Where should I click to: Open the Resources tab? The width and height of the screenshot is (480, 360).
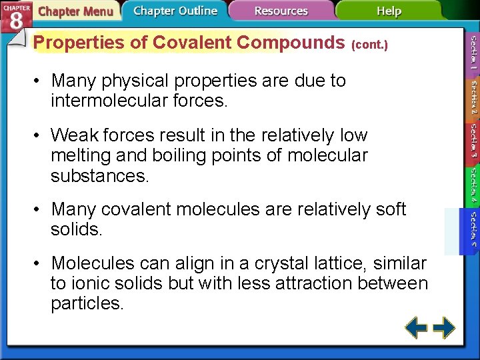[281, 11]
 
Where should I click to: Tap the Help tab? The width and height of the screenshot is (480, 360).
[389, 11]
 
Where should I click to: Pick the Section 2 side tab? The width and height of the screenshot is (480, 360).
[472, 97]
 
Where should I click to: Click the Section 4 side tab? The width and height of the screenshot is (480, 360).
[472, 185]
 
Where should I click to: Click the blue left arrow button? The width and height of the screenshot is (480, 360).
[417, 328]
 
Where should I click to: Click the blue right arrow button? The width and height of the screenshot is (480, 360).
[444, 328]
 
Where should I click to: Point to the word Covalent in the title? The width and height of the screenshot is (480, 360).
[194, 43]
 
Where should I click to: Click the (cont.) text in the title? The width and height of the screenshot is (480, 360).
[369, 45]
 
